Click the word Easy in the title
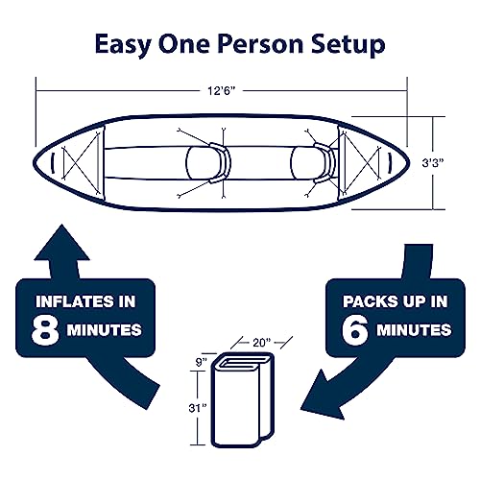[122, 44]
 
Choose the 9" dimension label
[200, 363]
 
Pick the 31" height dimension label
[196, 407]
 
